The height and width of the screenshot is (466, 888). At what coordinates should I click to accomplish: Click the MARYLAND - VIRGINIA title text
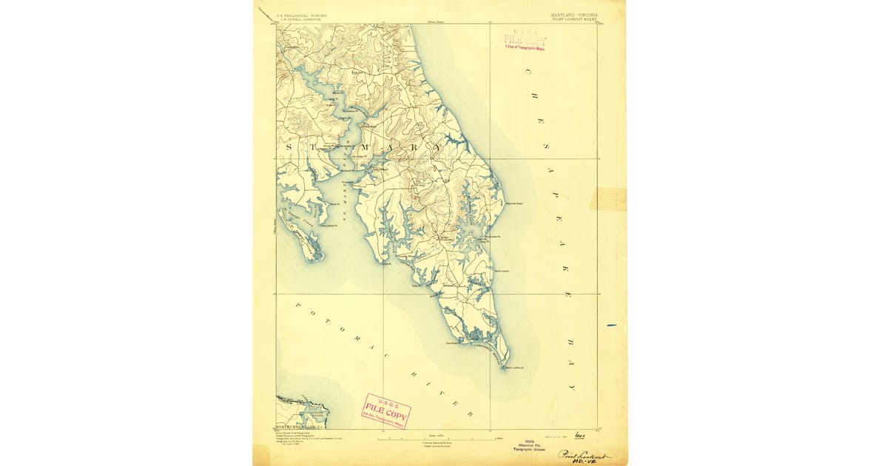574,14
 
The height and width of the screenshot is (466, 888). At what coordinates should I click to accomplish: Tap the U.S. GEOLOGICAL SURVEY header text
301,14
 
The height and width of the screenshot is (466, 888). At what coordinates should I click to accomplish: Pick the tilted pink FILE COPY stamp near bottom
386,411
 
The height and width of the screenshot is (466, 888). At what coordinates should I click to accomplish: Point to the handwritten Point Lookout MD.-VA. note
585,456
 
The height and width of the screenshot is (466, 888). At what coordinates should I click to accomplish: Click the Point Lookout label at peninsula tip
514,368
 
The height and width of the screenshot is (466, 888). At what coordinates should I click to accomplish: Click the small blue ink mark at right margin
611,325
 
